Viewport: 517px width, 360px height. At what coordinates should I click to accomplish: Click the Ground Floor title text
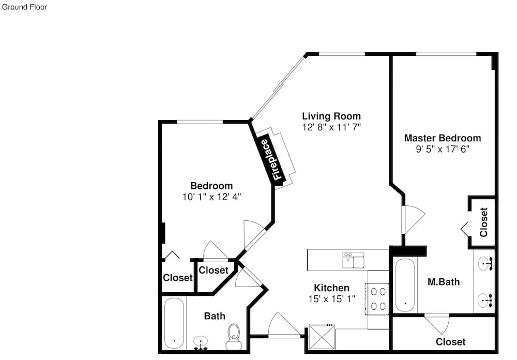click(x=24, y=7)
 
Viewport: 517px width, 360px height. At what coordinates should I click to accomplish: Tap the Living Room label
click(x=331, y=116)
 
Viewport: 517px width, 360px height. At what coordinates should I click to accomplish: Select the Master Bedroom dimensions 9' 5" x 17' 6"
click(x=443, y=149)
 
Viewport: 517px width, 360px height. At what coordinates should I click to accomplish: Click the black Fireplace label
click(x=270, y=159)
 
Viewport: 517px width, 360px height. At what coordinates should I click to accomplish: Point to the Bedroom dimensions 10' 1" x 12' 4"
click(x=211, y=197)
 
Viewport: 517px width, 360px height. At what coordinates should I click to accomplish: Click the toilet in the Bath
click(x=234, y=337)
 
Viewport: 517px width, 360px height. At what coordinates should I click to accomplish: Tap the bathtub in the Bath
click(x=174, y=323)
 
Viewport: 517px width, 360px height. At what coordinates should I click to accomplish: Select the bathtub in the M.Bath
click(x=405, y=285)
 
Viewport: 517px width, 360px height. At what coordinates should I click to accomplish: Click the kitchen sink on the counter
click(x=353, y=260)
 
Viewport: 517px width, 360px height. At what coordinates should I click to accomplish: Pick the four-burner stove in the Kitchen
click(x=378, y=299)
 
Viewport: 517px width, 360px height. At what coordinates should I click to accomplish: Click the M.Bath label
click(x=444, y=282)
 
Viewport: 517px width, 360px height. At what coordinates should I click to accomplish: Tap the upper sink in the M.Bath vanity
click(x=485, y=264)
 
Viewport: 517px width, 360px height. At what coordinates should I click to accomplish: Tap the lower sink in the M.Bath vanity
click(x=485, y=301)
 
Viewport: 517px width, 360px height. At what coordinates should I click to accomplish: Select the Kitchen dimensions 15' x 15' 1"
click(x=332, y=299)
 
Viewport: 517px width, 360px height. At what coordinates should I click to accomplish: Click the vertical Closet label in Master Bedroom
click(x=484, y=222)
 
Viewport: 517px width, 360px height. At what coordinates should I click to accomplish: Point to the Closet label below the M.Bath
click(x=451, y=342)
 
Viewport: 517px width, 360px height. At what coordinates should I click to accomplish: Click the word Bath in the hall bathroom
click(x=215, y=316)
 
